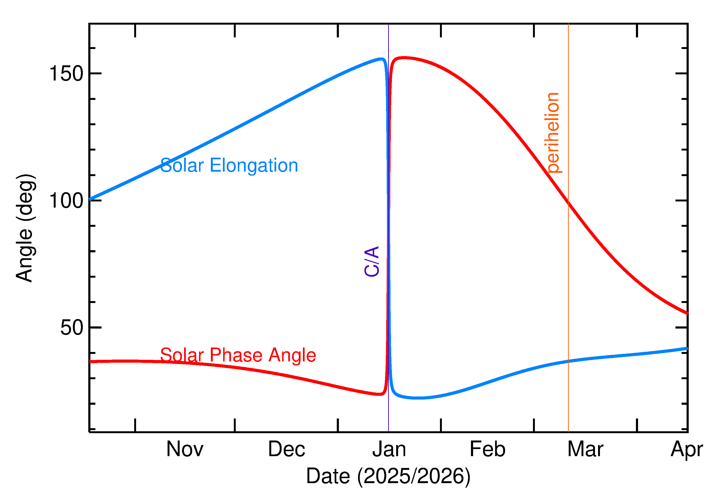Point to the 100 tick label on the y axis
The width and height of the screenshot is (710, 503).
pos(66,201)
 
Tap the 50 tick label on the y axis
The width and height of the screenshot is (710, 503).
pos(72,327)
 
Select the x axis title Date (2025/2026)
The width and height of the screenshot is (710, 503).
pos(388,476)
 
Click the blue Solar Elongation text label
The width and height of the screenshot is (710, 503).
pos(229,165)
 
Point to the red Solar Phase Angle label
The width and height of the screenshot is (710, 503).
pos(238,355)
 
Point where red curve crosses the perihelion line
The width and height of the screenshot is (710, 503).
pos(568,203)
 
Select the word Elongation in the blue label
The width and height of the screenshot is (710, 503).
pos(254,165)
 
